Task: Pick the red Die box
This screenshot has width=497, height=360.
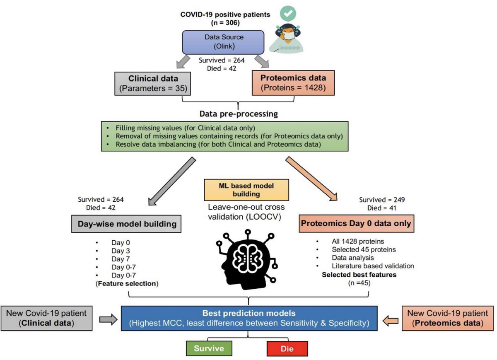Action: (x=287, y=349)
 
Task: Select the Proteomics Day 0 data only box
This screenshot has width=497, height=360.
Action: (x=356, y=224)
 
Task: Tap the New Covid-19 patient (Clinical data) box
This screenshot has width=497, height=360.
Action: (x=46, y=318)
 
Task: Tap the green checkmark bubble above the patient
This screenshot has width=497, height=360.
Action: (x=288, y=14)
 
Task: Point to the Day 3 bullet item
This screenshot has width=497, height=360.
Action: (x=120, y=251)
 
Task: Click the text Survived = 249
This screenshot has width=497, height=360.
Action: (x=381, y=199)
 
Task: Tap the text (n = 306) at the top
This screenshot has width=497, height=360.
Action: (x=225, y=22)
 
